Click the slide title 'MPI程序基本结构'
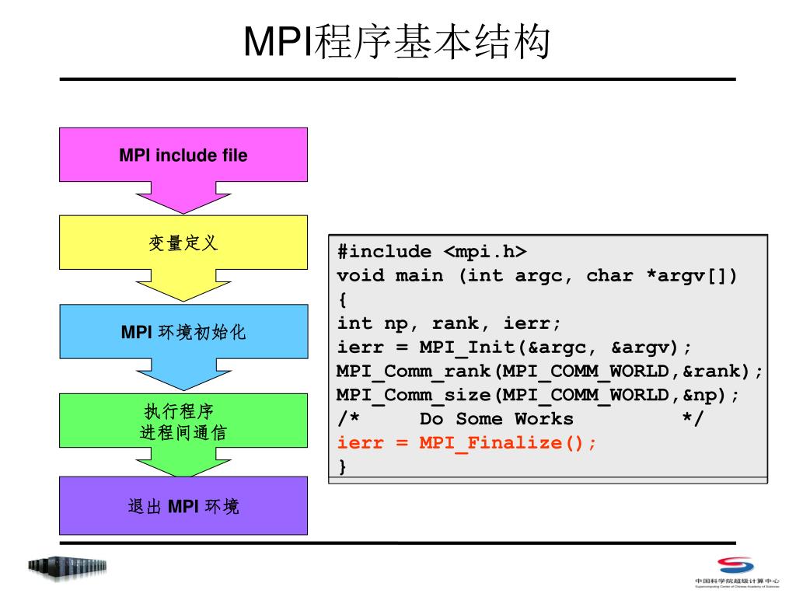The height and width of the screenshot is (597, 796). [x=397, y=42]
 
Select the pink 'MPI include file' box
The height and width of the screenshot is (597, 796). [x=183, y=155]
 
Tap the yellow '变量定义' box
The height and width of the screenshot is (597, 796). [x=183, y=243]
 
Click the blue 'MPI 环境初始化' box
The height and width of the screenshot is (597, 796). [x=183, y=333]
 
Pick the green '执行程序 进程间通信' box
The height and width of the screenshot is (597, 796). [x=183, y=421]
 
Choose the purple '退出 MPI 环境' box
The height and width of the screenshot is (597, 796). [x=183, y=507]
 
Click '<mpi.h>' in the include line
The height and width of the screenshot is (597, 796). [x=485, y=252]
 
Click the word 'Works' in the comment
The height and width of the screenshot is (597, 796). [x=543, y=419]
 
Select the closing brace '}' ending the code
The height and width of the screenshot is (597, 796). [x=342, y=466]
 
